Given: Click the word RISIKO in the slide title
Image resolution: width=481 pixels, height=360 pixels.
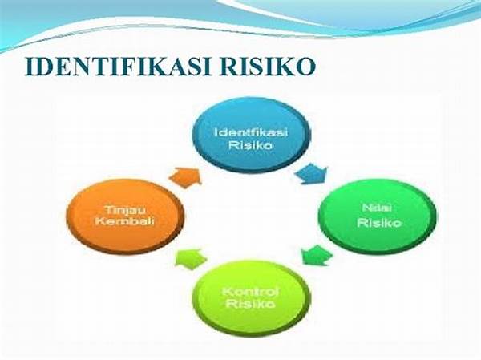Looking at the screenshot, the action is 267,66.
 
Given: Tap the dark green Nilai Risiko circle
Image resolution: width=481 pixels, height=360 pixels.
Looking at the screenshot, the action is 378,216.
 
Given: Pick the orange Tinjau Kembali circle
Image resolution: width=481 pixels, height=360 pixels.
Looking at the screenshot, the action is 125,216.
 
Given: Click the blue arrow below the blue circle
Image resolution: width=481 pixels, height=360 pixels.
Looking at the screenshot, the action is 312,174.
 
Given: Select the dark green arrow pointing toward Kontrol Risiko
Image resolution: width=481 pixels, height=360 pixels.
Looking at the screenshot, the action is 316,255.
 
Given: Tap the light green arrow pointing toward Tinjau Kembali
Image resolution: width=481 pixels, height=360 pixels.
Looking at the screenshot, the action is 192,258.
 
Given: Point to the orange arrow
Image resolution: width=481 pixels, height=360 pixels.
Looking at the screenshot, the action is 185,177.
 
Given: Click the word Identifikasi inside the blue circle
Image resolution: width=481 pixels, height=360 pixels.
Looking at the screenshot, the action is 251,132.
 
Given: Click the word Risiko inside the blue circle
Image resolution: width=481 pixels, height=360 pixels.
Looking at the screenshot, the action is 251,145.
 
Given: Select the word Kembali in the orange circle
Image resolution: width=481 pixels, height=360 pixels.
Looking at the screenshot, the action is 124,221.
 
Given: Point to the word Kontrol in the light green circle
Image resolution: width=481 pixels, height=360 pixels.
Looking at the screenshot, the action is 250,291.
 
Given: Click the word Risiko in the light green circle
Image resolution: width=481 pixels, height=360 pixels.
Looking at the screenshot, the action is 250,304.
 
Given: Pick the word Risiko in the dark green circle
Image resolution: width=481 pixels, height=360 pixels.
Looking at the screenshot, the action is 379,222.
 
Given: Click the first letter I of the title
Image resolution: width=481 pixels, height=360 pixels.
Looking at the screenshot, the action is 30,66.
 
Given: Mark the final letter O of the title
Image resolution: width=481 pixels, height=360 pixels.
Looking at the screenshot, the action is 305,66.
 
